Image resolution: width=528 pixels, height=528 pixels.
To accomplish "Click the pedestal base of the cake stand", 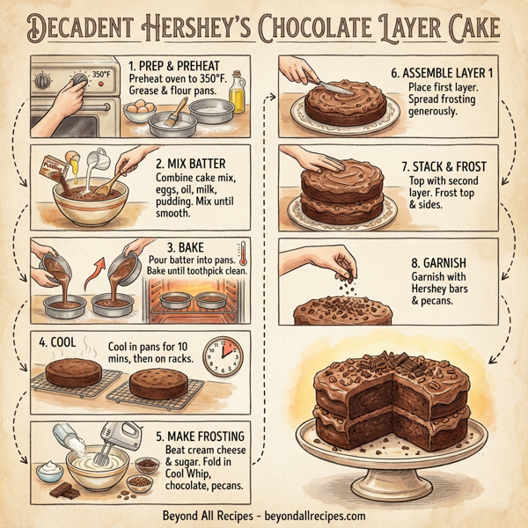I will coord(392,482).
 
